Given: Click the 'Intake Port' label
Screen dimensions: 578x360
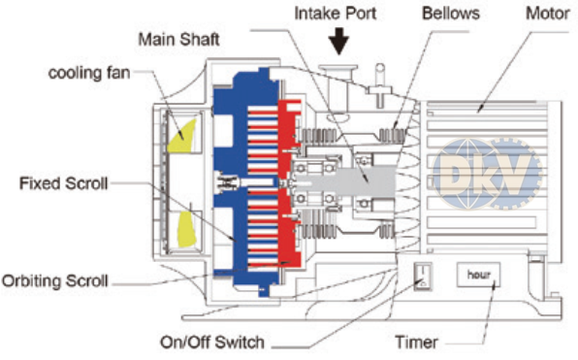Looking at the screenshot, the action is coord(336,14).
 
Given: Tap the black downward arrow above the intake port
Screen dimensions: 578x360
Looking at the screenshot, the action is coord(338,41).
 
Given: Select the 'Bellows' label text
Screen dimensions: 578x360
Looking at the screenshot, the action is coord(450,14).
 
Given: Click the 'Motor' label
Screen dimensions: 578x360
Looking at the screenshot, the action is coord(547,14).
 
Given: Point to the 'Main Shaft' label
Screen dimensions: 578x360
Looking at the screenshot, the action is coord(178,40).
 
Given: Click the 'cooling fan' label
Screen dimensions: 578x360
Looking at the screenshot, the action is coord(89,73).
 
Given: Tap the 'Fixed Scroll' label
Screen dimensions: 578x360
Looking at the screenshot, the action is coord(63,183).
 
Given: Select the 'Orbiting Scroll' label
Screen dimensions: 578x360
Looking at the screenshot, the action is coord(55,281).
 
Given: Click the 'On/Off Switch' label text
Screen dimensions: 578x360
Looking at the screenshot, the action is coord(212,343).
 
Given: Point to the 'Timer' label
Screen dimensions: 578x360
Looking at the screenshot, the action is coord(417,343).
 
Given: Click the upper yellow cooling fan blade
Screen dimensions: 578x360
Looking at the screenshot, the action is coord(181,136).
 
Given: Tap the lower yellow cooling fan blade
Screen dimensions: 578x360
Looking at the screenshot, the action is coord(184,230).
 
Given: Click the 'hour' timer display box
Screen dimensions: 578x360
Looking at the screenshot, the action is coord(478,275).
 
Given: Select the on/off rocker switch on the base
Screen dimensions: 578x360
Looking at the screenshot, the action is coord(423,277).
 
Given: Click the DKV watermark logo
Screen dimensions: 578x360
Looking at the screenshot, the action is coord(487,174).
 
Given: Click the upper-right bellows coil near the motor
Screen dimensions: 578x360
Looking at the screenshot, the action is coord(392,136).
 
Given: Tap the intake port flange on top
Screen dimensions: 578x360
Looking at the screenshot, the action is coord(338,69).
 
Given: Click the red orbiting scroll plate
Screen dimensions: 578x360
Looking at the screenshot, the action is coord(289,183).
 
